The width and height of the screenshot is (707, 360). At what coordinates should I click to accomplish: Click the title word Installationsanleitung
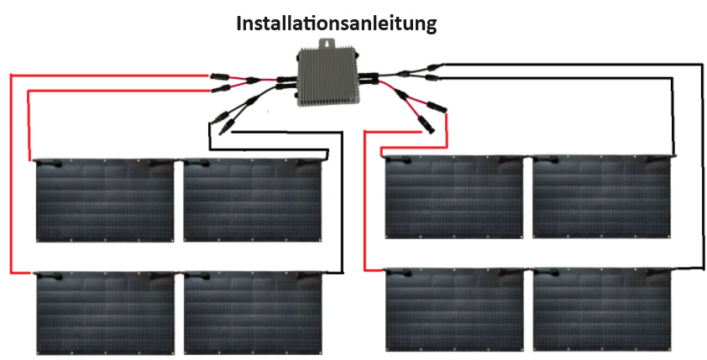pos(337,23)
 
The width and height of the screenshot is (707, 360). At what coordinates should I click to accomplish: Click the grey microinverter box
pos(327,77)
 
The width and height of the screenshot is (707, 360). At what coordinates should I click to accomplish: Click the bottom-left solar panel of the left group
pos(104,314)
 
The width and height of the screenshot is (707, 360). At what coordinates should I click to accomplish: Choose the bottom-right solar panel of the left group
pos(253,314)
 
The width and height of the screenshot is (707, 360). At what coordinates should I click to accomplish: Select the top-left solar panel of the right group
pos(453,197)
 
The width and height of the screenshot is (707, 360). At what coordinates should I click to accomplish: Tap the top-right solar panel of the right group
pos(602,197)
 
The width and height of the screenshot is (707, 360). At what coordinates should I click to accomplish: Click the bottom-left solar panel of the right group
pos(453,310)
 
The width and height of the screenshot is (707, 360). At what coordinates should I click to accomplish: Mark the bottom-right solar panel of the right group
pos(602,310)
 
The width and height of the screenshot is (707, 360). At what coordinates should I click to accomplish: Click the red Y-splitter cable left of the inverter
pos(252,81)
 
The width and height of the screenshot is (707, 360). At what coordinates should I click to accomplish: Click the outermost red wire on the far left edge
pos(10,176)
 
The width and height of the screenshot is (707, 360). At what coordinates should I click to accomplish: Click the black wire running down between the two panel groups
pos(343,210)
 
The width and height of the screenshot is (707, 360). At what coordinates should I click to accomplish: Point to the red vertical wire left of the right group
pos(365,210)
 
